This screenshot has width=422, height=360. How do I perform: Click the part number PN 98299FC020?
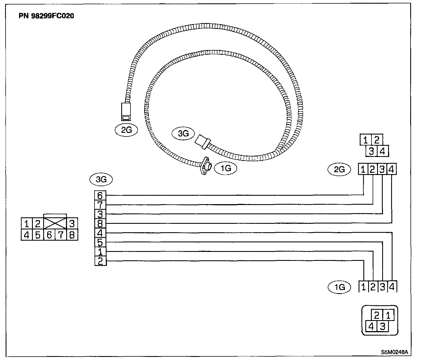[x=47, y=16]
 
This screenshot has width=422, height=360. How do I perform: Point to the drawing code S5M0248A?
[x=394, y=352]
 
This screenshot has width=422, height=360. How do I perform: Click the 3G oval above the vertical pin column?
[x=101, y=179]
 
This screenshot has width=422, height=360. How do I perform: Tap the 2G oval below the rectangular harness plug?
[x=126, y=130]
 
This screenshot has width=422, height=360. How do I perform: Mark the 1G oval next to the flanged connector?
[x=225, y=168]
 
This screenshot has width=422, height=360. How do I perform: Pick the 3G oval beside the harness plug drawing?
[x=184, y=133]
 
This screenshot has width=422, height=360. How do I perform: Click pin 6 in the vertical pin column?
[x=100, y=195]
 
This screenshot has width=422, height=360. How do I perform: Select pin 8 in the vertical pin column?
[x=100, y=224]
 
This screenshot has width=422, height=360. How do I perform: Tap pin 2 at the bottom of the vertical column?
[x=100, y=261]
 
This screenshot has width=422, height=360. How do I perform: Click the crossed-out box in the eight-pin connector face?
[x=55, y=223]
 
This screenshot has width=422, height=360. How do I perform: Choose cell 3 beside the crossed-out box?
[x=72, y=224]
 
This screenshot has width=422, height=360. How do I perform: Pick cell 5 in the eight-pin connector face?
[x=38, y=235]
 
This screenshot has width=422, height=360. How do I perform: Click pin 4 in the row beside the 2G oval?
[x=392, y=169]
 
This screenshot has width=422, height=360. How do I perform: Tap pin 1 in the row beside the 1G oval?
[x=364, y=287]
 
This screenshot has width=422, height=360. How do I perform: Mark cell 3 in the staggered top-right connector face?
[x=371, y=151]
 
